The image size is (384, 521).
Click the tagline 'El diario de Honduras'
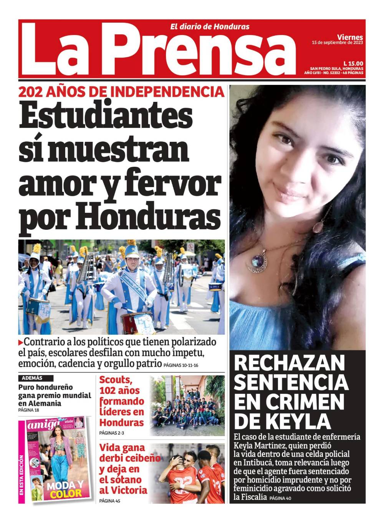pos(210,27)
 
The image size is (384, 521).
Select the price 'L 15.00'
pos(353,63)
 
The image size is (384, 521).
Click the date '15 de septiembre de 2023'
pos(337,43)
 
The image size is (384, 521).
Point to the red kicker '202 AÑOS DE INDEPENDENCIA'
pos(121,92)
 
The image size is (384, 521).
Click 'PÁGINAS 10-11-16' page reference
pos(181,365)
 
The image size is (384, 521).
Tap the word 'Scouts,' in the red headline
pos(116,380)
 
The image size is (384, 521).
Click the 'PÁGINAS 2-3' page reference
pos(111,433)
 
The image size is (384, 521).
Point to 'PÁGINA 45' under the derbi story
pos(109,501)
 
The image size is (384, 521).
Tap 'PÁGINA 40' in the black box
pos(281,498)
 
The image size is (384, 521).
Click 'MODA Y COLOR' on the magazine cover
pos(65,489)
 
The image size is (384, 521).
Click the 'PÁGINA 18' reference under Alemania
pos(28,410)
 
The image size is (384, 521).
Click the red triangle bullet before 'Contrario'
pos(20,342)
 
